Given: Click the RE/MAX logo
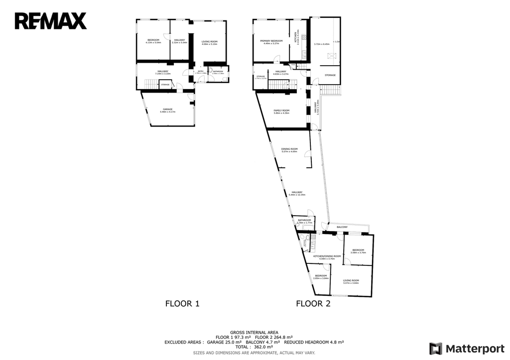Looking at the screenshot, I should click(x=50, y=21).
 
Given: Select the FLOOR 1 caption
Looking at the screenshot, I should click(x=182, y=303).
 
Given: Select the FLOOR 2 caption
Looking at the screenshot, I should click(x=313, y=303).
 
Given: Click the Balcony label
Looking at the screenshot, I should click(x=342, y=227).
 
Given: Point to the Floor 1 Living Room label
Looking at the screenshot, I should click(x=210, y=42).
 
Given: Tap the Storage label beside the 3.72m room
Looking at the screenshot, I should click(x=330, y=75).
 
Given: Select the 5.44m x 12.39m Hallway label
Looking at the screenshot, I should click(x=297, y=193).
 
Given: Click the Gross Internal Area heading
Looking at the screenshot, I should click(x=254, y=332).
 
